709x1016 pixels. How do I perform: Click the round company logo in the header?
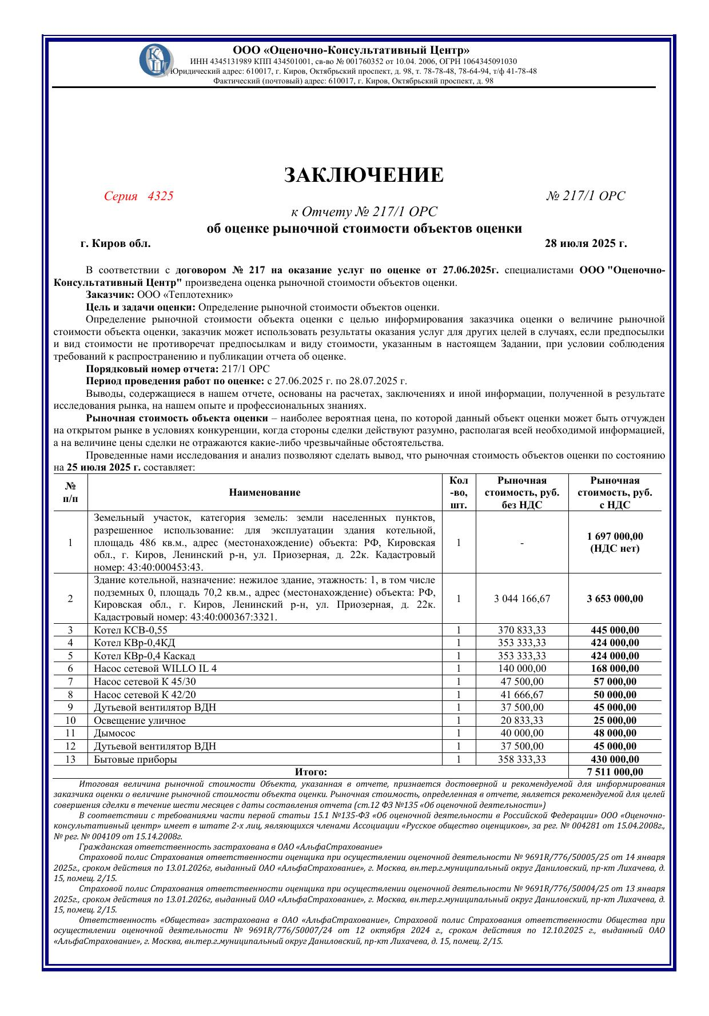(153, 59)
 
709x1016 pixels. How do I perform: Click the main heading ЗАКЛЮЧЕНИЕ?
(364, 175)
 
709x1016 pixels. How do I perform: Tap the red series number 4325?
(160, 196)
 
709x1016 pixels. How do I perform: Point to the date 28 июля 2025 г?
(585, 244)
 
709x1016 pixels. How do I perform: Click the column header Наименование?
(265, 492)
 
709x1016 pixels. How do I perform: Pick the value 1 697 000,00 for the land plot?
(615, 536)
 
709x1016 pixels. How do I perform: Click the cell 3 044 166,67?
(521, 599)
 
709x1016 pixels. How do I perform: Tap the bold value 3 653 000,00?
(615, 599)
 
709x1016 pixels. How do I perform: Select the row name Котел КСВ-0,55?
(130, 630)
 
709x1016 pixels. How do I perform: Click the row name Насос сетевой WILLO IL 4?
(155, 668)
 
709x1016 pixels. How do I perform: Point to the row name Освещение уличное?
(140, 720)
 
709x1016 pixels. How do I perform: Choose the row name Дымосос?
(114, 733)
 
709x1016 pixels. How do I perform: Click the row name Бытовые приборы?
(135, 759)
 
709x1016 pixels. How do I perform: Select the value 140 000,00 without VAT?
(521, 668)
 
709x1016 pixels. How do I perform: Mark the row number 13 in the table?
(70, 759)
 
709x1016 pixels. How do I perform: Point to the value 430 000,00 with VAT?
(615, 759)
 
